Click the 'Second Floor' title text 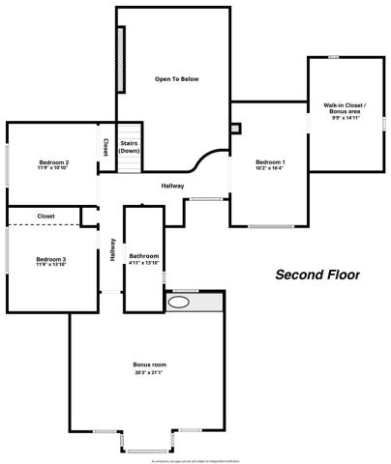317,275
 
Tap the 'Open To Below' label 176,79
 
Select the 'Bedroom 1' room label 270,161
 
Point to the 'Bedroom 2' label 53,161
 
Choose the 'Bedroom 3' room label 50,259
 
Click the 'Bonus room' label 148,364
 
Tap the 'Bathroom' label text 144,256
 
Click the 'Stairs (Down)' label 130,147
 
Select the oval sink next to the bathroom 179,303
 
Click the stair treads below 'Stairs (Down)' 130,165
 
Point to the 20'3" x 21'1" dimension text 148,372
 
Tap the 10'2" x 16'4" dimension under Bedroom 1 270,168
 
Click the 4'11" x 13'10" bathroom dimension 144,263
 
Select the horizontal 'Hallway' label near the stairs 172,186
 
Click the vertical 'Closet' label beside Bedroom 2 105,147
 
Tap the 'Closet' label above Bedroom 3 45,216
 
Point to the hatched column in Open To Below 121,60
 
